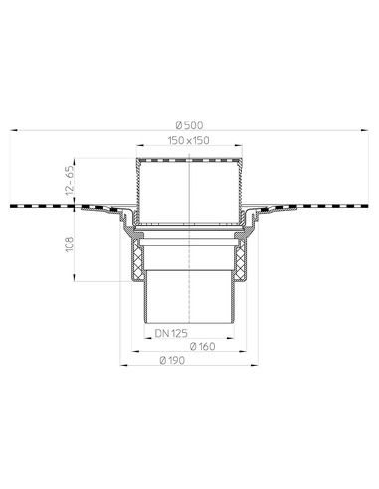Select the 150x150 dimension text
click(x=189, y=142)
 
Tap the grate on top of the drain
click(x=189, y=159)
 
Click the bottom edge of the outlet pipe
click(x=189, y=321)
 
